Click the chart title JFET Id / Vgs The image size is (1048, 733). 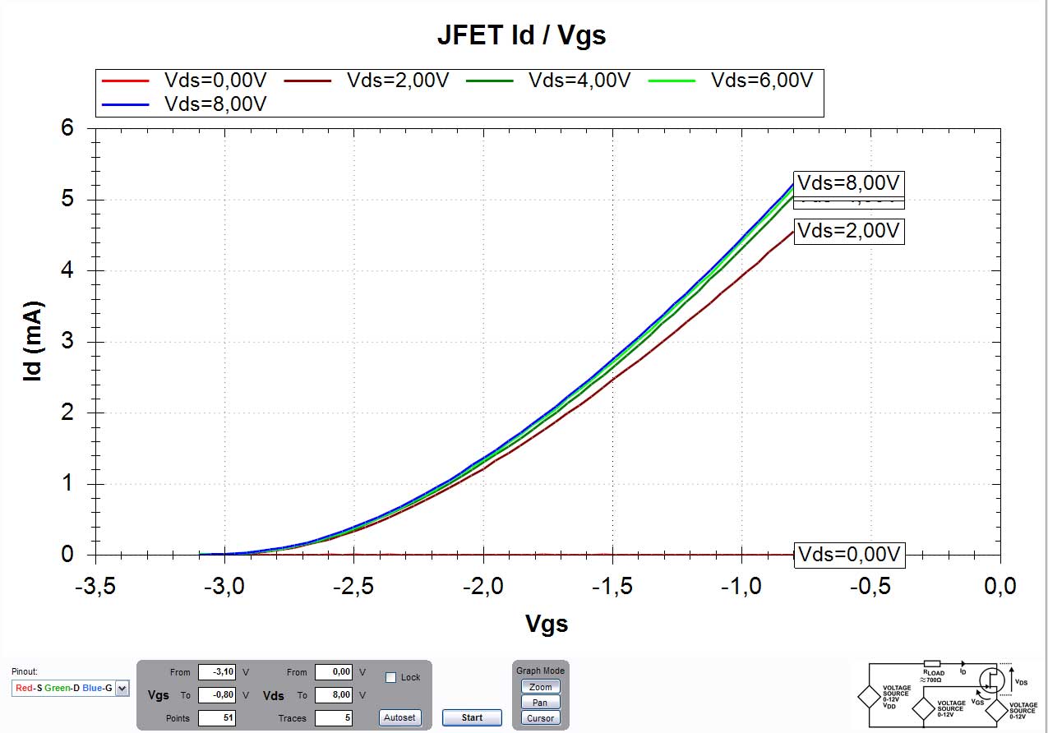[x=521, y=35]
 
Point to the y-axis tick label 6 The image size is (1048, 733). [x=67, y=128]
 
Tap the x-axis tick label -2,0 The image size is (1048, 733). [x=483, y=586]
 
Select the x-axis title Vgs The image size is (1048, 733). [x=547, y=624]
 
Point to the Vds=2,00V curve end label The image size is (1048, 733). [x=849, y=231]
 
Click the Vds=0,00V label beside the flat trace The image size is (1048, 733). [x=849, y=554]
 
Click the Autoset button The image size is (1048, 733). [x=400, y=717]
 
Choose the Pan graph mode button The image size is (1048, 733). [x=540, y=703]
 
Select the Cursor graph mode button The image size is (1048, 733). [x=540, y=718]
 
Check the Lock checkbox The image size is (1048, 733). [x=391, y=677]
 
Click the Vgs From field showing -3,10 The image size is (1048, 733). [x=217, y=672]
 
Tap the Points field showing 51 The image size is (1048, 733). [x=217, y=718]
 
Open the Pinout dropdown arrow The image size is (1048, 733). [x=122, y=689]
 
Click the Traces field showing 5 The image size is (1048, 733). [x=334, y=718]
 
